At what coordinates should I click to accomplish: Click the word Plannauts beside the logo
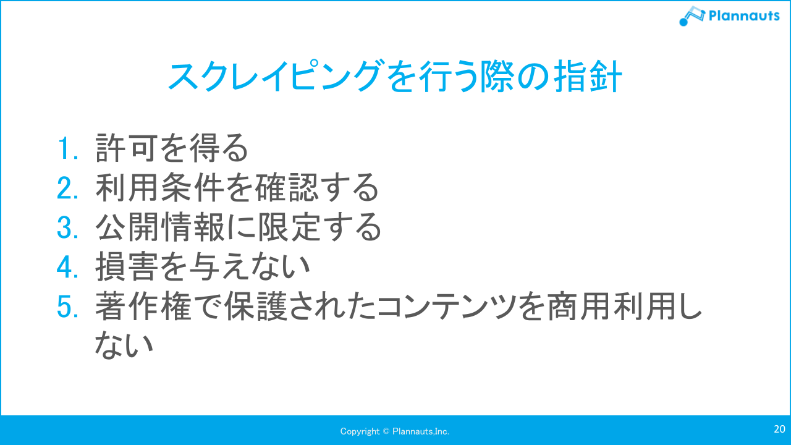744,15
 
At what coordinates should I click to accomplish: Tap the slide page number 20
779,429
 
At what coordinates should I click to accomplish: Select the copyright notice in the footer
395,431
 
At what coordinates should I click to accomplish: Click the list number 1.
66,149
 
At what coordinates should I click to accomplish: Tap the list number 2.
66,189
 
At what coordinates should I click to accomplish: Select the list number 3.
66,228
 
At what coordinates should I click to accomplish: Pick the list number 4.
66,267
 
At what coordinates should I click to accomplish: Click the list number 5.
66,307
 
